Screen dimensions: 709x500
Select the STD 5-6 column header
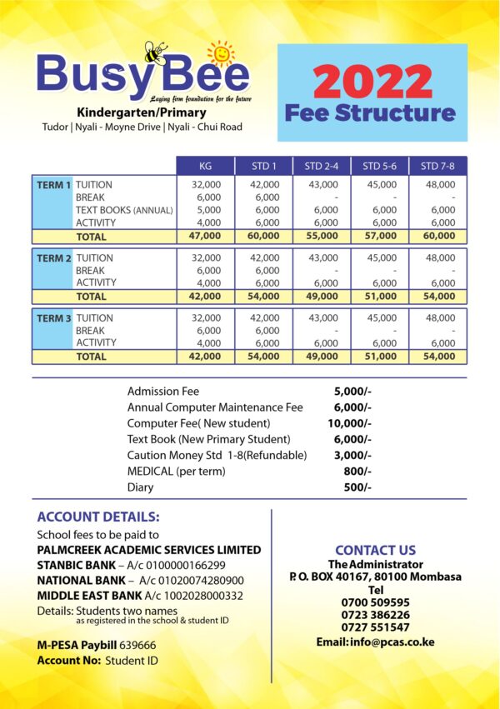point(379,167)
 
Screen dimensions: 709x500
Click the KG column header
point(206,167)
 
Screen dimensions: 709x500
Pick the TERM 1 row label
point(53,185)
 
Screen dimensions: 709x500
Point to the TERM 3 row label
point(53,318)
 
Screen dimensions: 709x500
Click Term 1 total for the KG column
point(206,237)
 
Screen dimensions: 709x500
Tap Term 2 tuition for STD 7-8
point(439,258)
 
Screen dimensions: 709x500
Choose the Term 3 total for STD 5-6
point(380,357)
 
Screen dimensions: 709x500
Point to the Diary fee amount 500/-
point(357,487)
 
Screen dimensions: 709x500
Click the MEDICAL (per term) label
point(179,472)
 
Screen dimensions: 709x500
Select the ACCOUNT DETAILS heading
point(98,517)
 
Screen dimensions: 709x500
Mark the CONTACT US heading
point(375,550)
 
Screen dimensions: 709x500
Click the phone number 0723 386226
point(375,615)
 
